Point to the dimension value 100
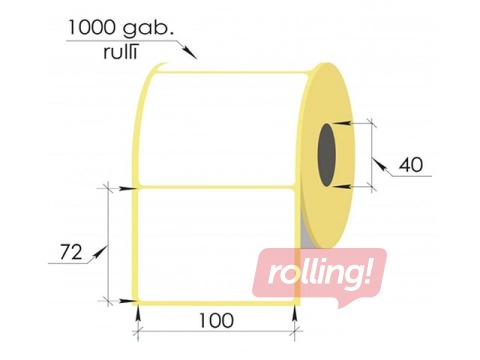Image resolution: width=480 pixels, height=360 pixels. (216, 321)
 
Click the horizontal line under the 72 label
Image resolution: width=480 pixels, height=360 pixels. (68, 262)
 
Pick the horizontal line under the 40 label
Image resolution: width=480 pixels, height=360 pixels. (410, 177)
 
